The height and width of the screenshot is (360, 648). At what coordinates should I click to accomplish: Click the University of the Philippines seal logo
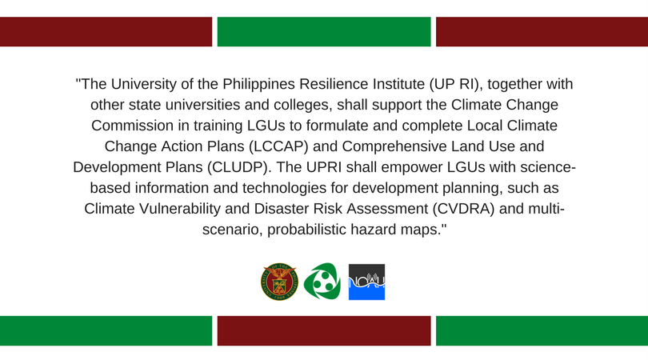tap(279, 282)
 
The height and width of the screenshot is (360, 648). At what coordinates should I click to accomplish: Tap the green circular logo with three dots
tap(322, 282)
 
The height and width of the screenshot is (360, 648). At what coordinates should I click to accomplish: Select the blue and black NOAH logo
tap(366, 282)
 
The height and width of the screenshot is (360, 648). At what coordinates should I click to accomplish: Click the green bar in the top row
tap(324, 31)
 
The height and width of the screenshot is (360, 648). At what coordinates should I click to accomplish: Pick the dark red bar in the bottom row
tap(324, 330)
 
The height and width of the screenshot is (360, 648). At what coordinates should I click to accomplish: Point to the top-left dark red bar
tap(106, 31)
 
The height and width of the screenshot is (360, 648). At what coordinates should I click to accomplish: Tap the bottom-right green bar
tap(542, 330)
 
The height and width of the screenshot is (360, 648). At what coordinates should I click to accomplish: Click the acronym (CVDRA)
tap(464, 209)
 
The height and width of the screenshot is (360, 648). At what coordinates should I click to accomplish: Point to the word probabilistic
tap(306, 230)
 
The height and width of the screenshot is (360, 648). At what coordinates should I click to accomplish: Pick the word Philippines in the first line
tap(258, 84)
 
